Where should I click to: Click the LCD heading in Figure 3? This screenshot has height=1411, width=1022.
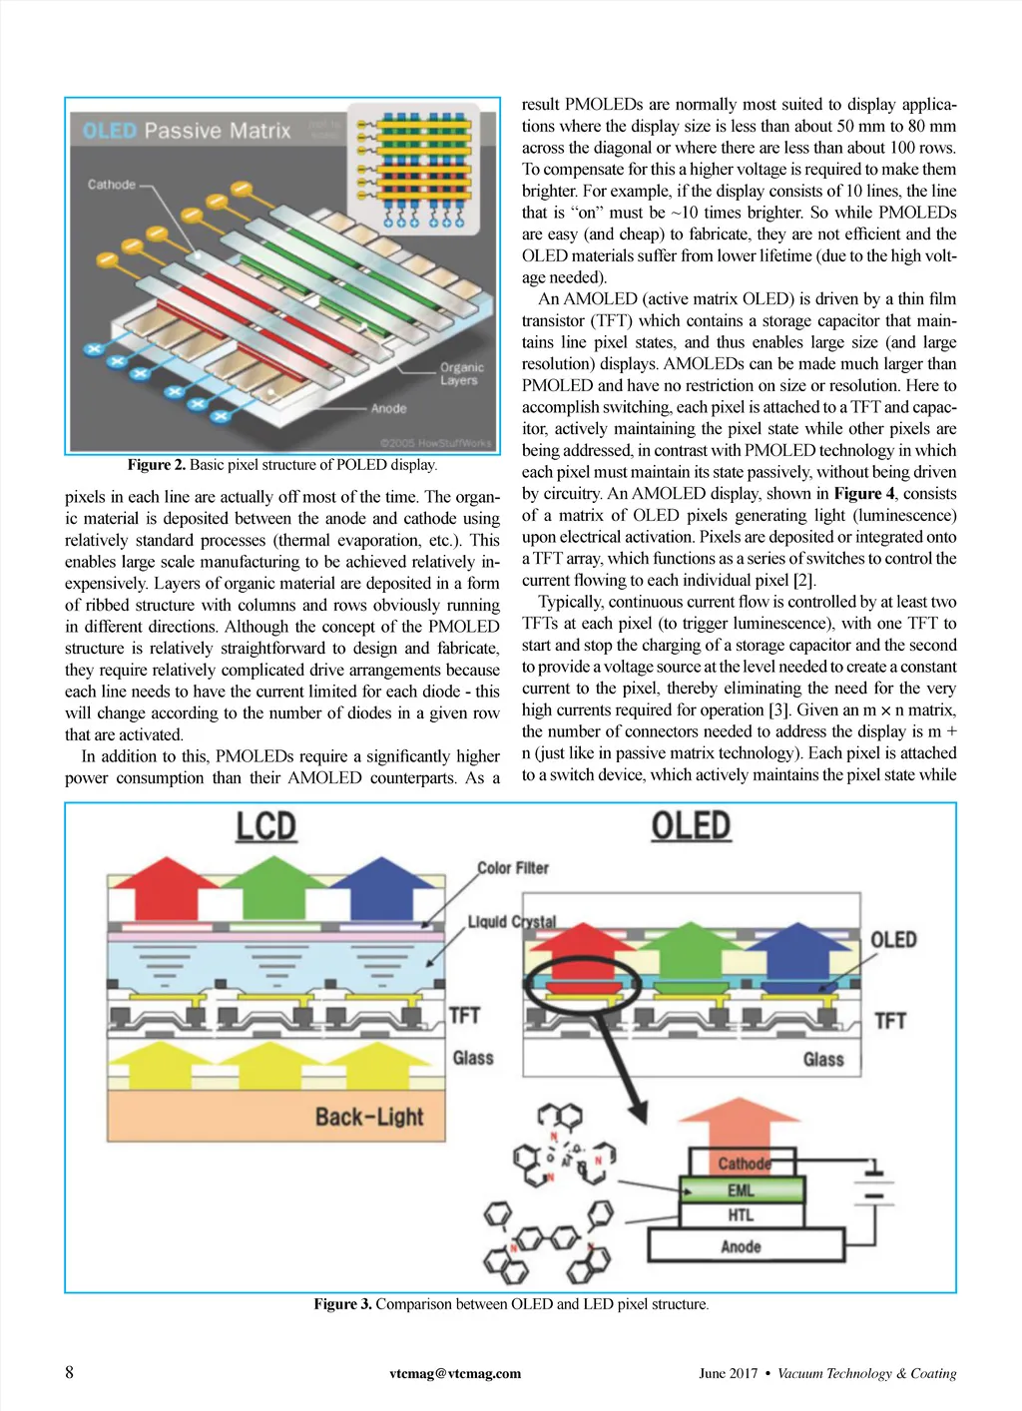click(266, 827)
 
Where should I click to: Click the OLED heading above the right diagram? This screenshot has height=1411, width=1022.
click(691, 826)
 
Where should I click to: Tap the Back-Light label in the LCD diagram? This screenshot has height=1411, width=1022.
click(369, 1117)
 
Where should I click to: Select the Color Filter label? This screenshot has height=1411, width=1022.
click(513, 868)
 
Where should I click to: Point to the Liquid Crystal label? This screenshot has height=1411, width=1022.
click(512, 921)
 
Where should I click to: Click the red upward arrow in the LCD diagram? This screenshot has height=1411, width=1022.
click(162, 887)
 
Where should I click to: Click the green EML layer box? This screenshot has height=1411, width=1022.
click(742, 1190)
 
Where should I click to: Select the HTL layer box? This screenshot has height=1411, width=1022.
click(742, 1215)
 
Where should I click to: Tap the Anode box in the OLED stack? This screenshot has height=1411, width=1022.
click(742, 1246)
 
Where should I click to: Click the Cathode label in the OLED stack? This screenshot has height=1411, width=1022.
click(744, 1164)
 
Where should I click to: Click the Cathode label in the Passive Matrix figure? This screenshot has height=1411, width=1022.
click(111, 185)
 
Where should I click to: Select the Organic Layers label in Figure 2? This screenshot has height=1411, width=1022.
click(460, 373)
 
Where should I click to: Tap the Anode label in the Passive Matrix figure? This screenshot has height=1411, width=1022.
click(388, 408)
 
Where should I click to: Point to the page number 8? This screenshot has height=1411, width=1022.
click(70, 1372)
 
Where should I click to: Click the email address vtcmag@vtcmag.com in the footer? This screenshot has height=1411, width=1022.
click(455, 1373)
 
